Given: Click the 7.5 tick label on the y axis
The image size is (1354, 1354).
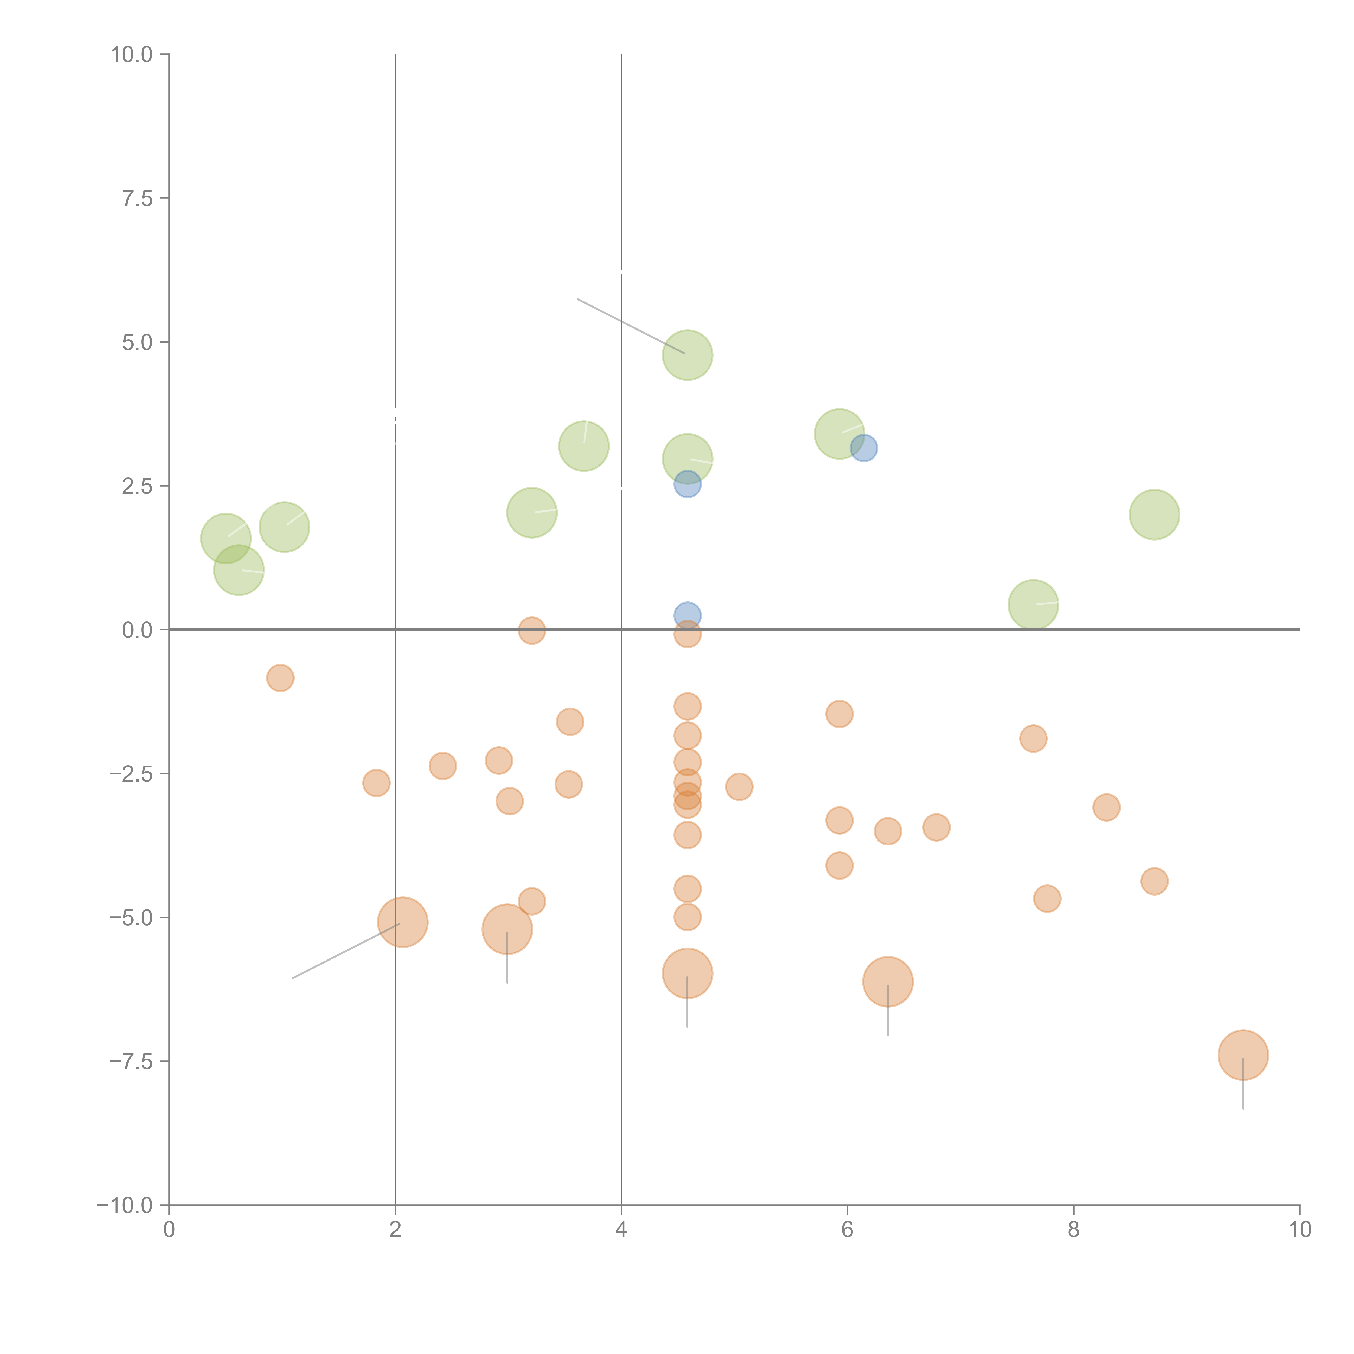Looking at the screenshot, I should tap(137, 198).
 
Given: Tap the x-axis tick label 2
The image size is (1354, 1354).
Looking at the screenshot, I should tap(395, 1230).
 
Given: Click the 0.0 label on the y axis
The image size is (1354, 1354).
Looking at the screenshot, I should tap(137, 630).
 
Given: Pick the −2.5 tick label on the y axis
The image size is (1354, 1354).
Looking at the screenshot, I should tap(131, 774).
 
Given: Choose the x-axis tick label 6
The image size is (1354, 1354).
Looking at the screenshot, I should tap(847, 1230).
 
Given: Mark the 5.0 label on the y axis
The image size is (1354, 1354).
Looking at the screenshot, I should tap(137, 342).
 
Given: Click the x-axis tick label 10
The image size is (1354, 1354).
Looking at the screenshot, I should tap(1299, 1230).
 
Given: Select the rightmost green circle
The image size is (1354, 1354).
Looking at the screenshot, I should tap(1154, 515).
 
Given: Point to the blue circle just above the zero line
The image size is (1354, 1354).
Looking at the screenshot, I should tap(688, 615).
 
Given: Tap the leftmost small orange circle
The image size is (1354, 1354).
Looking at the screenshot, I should tap(280, 678).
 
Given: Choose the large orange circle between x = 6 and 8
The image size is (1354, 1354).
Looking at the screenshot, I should tap(888, 981).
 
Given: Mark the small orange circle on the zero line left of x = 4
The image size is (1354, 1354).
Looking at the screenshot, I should tap(532, 630).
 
